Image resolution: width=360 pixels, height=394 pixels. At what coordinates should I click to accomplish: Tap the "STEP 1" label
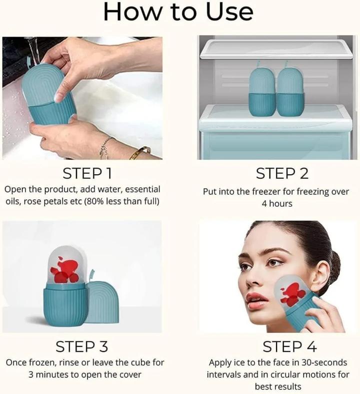pos(87,173)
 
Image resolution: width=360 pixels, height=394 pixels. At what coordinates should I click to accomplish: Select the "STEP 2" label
pos(282,173)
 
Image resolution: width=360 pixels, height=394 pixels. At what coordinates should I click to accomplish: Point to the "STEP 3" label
pos(81,346)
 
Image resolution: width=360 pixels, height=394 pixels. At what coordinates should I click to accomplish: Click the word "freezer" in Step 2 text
pos(264,192)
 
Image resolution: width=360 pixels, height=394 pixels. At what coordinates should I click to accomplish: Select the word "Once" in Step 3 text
pos(16,362)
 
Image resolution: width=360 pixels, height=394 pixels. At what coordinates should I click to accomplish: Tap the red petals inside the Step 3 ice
pos(65,270)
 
